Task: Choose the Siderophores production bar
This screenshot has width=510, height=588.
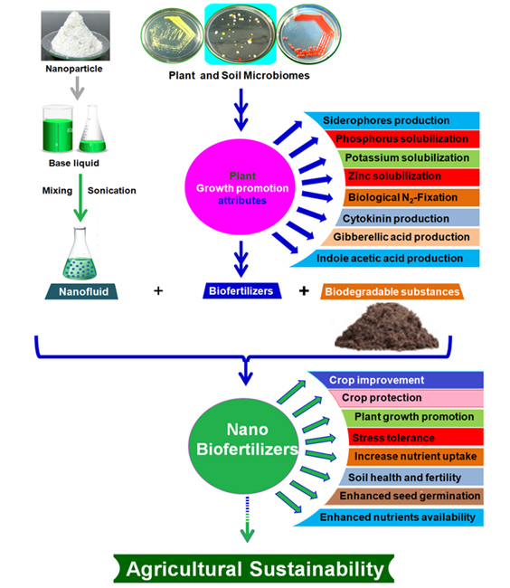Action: (391, 120)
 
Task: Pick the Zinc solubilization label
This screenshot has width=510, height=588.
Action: (401, 175)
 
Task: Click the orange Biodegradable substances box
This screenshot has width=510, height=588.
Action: (391, 291)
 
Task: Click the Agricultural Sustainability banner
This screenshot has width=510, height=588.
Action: (255, 568)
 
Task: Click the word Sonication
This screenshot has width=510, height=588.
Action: (112, 191)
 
